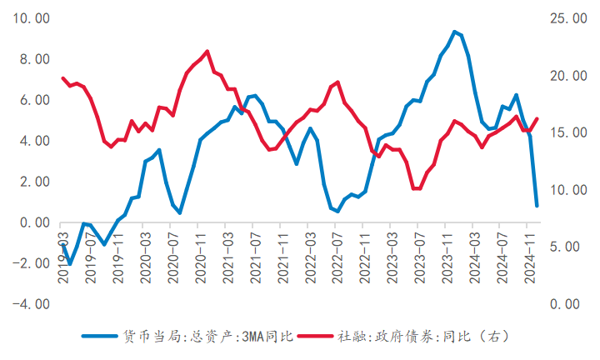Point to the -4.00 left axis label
[x=30, y=305]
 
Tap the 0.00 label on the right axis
[x=565, y=305]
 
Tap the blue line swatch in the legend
[x=101, y=337]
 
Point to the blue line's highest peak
[x=454, y=32]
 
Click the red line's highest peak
[x=207, y=52]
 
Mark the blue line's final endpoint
[x=537, y=205]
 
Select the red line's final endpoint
[x=537, y=118]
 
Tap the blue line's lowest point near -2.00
[x=70, y=264]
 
